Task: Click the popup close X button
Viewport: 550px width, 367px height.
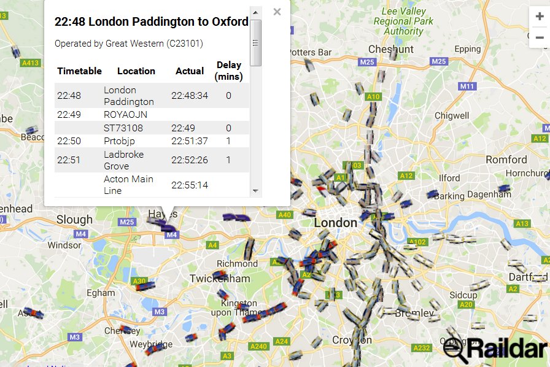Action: point(277,12)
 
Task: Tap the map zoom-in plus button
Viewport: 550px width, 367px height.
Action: point(540,17)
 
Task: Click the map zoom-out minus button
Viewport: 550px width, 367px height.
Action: point(540,37)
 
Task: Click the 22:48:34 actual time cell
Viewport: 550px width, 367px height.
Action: point(190,96)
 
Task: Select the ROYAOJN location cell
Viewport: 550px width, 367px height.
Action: point(125,115)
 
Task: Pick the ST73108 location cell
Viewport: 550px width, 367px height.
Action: point(123,128)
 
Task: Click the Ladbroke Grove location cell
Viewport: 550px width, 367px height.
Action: point(123,160)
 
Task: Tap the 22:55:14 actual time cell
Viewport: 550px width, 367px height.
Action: point(190,185)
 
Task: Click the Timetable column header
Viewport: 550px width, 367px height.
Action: point(79,71)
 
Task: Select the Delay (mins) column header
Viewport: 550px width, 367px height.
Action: point(228,71)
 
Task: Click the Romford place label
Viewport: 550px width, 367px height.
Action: point(506,160)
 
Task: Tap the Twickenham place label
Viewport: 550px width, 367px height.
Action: point(220,279)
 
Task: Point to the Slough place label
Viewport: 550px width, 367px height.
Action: point(74,220)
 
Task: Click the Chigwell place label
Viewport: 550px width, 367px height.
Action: point(451,115)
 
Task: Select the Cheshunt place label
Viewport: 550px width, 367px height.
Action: point(391,49)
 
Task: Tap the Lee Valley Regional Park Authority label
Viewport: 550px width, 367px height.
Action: point(404,21)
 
